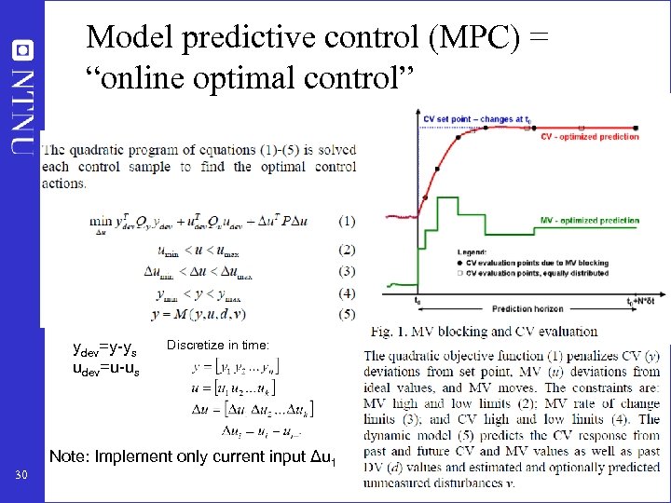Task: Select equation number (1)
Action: (347, 221)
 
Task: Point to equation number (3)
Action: (347, 271)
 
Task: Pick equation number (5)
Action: (347, 313)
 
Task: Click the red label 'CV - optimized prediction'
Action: (590, 137)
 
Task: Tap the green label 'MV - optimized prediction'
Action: (590, 221)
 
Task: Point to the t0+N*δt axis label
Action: (643, 301)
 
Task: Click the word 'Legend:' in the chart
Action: (472, 251)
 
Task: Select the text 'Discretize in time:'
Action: (218, 345)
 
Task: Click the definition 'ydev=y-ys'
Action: (105, 350)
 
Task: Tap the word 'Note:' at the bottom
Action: (71, 456)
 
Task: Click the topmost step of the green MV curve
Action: (447, 198)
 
